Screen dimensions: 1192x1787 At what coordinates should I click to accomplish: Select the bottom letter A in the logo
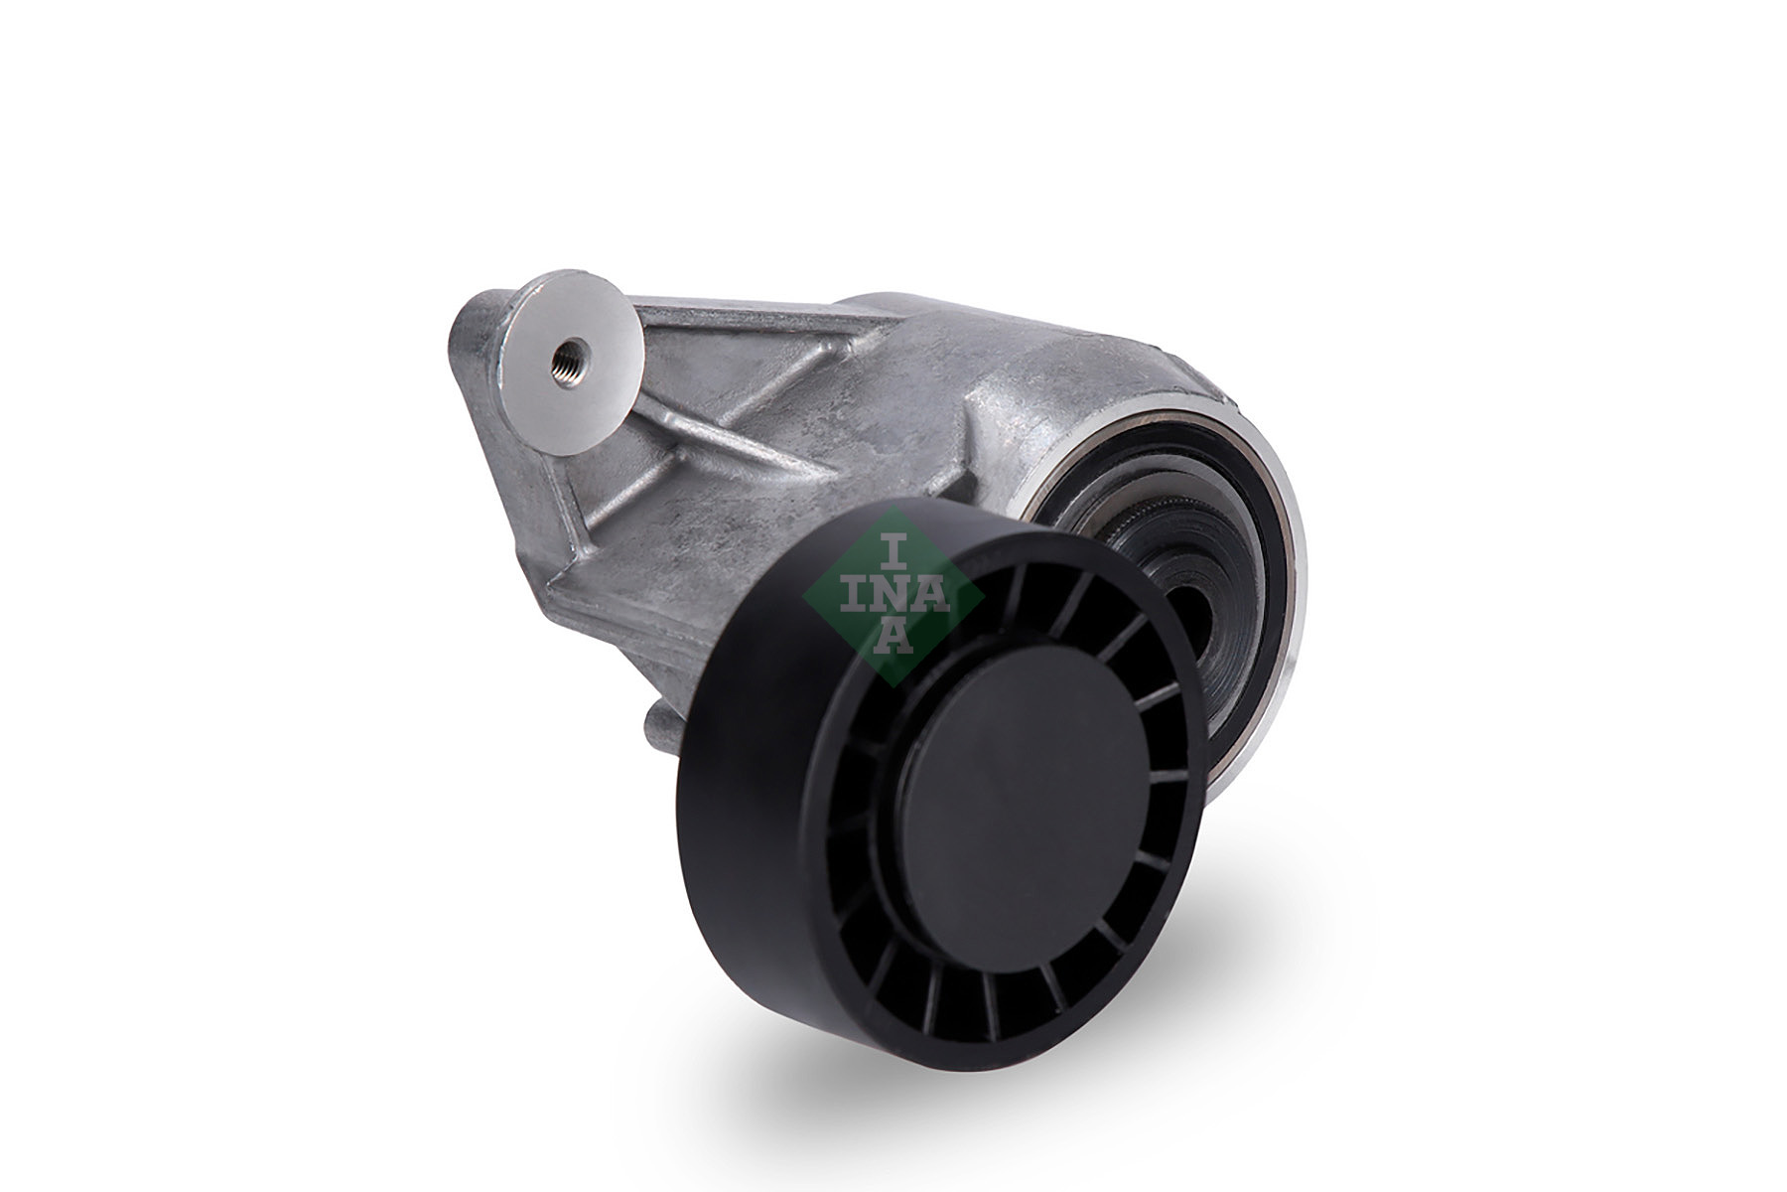894,637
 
